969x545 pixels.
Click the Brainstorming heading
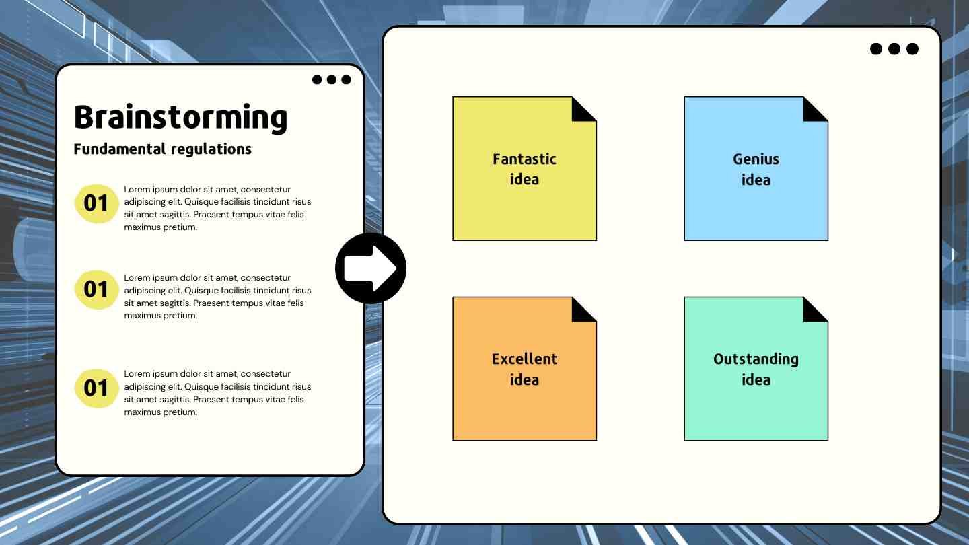(181, 118)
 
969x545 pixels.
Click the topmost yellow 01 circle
(96, 204)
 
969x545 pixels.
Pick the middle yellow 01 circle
(96, 290)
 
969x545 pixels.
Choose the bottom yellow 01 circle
(96, 388)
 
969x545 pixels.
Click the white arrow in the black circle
(370, 268)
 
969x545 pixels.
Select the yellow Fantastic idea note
(524, 168)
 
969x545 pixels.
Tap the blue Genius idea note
(756, 168)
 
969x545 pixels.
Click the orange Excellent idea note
(524, 369)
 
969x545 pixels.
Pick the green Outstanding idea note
(756, 369)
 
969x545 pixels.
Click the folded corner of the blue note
(812, 112)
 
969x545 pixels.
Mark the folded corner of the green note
(812, 313)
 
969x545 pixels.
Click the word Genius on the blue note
(756, 159)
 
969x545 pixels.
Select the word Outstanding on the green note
(756, 359)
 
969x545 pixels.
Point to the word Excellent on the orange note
(524, 359)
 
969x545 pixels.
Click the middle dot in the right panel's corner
(894, 49)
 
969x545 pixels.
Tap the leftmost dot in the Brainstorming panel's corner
(317, 79)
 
